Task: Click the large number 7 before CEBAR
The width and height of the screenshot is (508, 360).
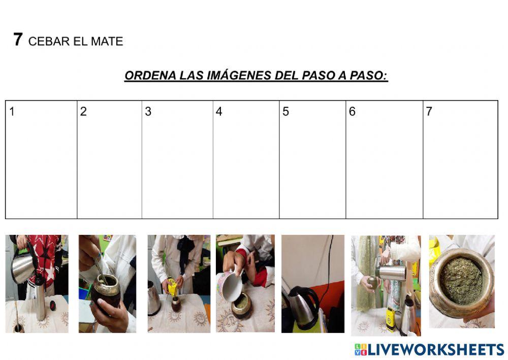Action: coord(18,40)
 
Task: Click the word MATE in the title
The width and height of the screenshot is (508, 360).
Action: coord(107,42)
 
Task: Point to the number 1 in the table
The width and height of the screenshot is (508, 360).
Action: coord(12,112)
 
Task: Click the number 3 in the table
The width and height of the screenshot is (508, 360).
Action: coord(148,112)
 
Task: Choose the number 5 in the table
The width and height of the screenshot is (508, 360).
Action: coord(285,112)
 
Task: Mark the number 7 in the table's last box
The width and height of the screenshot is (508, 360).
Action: coord(429,112)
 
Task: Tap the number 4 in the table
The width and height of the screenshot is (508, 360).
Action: coord(219,112)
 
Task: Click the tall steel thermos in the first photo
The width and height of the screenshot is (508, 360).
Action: coord(40,297)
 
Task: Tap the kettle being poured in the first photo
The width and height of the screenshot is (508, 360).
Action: coord(23,267)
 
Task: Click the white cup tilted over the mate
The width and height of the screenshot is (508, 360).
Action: coord(229,286)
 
